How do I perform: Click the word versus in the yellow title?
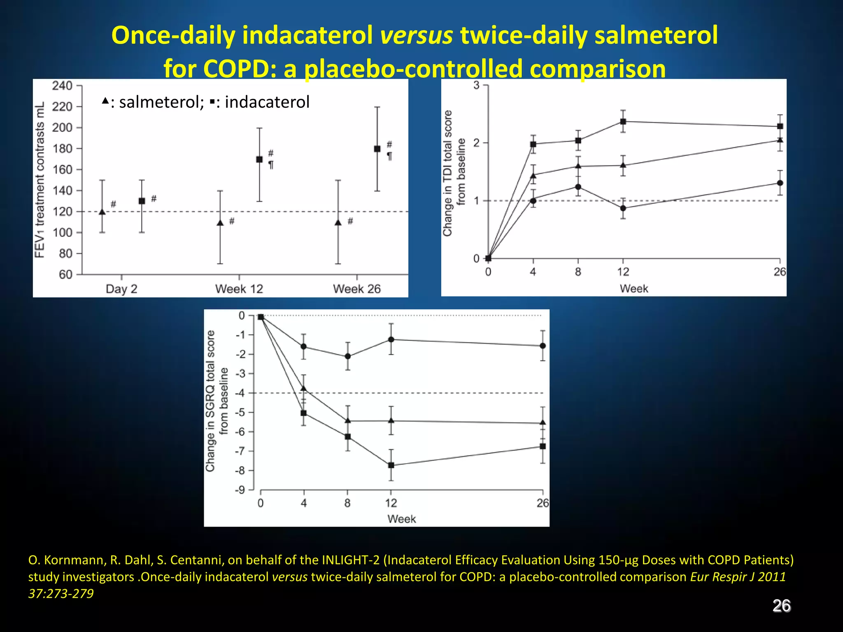416,35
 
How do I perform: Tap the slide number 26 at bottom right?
781,606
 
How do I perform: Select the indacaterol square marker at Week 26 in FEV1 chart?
377,149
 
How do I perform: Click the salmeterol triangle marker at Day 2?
102,212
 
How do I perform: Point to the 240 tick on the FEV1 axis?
62,86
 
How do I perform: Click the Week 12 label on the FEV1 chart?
239,289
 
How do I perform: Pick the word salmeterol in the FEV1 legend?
161,102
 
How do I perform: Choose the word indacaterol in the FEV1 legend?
267,102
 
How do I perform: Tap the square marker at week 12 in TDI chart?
623,122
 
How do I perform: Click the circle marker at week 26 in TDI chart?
780,183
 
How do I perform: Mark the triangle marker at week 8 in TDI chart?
578,166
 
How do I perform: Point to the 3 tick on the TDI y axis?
477,85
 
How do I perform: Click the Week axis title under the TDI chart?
634,288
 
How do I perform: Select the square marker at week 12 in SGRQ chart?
391,465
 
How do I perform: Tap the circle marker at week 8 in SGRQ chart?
347,356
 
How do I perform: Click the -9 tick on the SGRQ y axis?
240,490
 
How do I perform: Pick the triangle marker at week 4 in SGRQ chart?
304,388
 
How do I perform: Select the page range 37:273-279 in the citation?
61,594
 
